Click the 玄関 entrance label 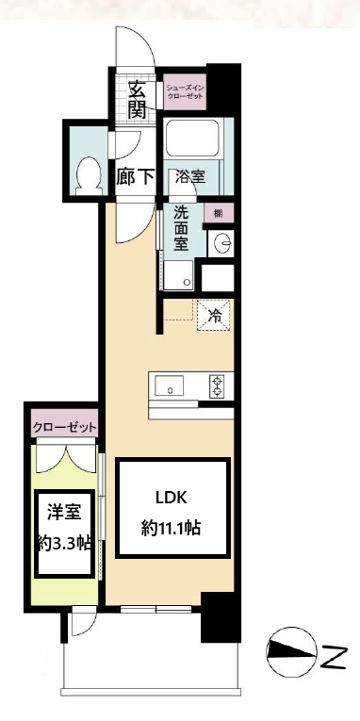[138, 99]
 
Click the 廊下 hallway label [135, 176]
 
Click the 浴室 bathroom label [191, 176]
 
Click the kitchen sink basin [172, 385]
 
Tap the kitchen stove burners [218, 385]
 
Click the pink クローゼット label [64, 428]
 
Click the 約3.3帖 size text [64, 543]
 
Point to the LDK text [172, 499]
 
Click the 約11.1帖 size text [172, 528]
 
